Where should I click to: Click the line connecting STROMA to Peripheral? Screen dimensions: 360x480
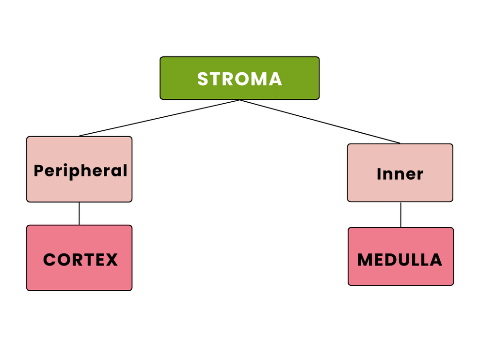coord(160,118)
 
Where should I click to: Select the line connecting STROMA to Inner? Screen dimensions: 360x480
coord(320,122)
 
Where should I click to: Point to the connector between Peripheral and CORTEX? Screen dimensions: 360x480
coord(79,213)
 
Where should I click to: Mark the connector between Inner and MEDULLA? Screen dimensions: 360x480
coord(400,215)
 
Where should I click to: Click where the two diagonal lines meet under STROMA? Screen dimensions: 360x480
coord(240,100)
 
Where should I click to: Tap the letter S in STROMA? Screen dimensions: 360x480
coord(203,79)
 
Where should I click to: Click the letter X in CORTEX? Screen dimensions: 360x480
coord(112,260)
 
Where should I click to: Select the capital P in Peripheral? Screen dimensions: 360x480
coord(39,171)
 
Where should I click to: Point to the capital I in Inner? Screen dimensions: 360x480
coord(379,174)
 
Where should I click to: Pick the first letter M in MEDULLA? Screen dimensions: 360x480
coord(365,260)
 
